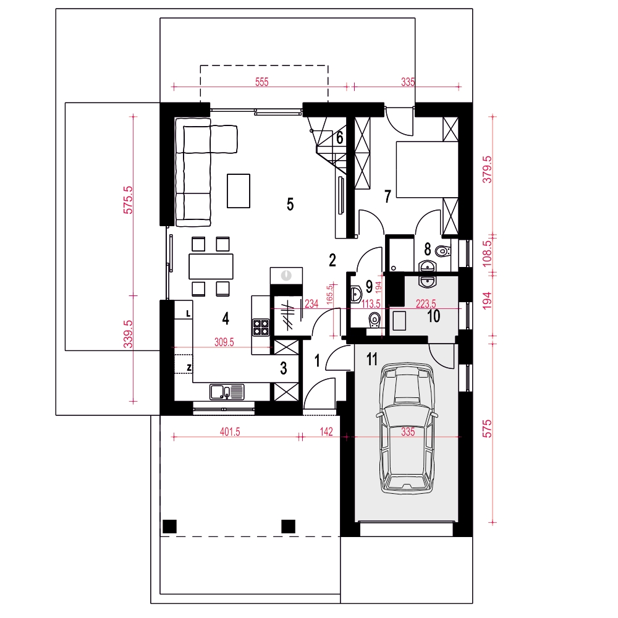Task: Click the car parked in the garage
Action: coord(407,428)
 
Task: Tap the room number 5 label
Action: coord(290,204)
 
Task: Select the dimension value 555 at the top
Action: coord(261,82)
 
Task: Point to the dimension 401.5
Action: coord(230,431)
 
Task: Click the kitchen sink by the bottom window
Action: coord(227,392)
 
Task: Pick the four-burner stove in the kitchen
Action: coord(261,327)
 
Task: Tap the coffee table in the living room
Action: coord(239,191)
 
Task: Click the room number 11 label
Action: coord(371,359)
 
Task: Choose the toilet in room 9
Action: coord(375,320)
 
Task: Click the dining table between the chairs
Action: coord(211,266)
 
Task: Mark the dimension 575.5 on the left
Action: coord(128,200)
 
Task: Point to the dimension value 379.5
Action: coord(487,169)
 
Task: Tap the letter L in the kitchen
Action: coord(188,314)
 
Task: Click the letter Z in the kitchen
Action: coord(189,368)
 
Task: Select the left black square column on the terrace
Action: coord(169,526)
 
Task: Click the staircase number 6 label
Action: coord(340,138)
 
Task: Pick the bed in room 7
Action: coord(427,169)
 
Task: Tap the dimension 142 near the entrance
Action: coord(326,431)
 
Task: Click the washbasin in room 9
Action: coord(357,294)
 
